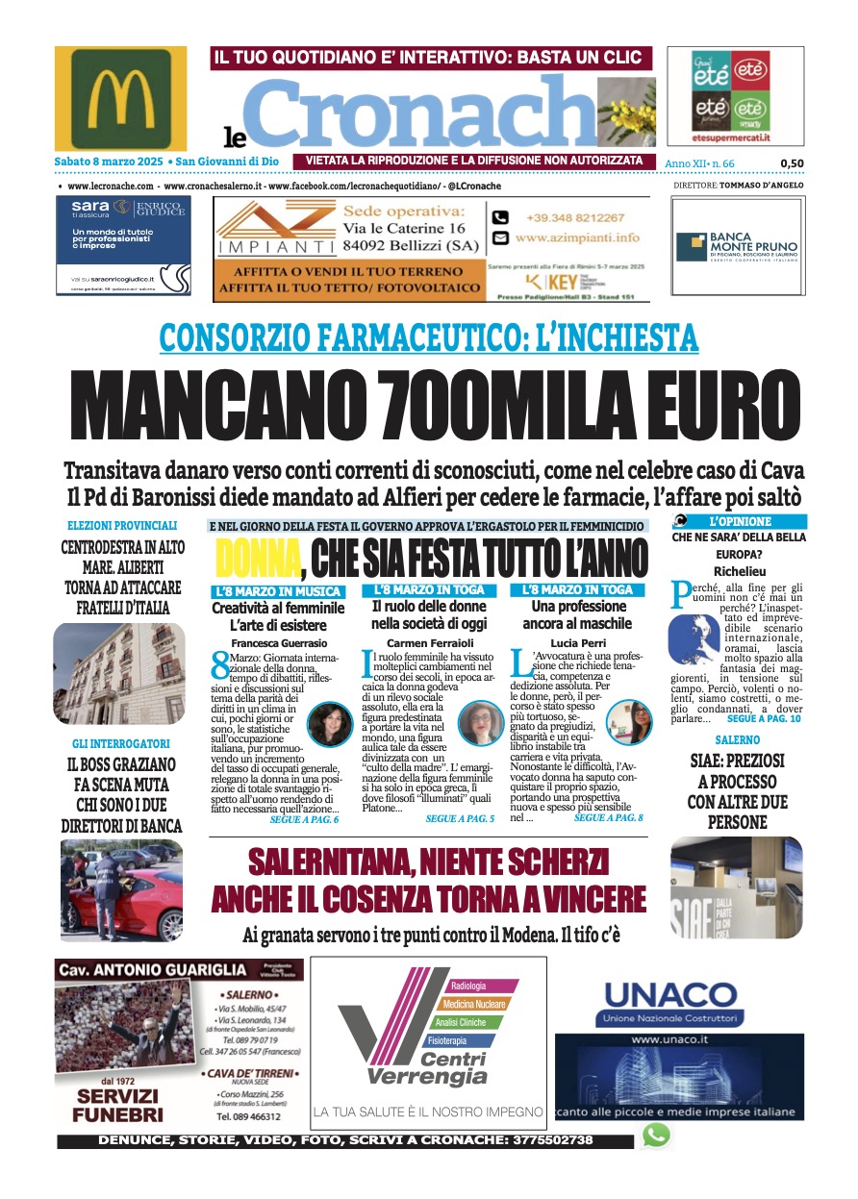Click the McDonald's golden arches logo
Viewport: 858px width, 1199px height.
point(121,99)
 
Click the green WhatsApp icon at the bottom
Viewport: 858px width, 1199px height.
point(656,1135)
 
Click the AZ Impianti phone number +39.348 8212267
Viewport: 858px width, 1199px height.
point(574,218)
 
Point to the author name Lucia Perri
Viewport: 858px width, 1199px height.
point(577,641)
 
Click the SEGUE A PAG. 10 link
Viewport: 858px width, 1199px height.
point(765,718)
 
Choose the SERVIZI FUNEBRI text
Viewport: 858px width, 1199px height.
point(120,1106)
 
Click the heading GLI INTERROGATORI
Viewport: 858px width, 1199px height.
point(121,744)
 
